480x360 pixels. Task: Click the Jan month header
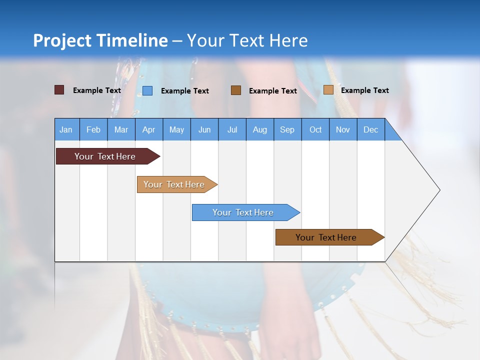coord(66,129)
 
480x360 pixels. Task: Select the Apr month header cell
coord(149,129)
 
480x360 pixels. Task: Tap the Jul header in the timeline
coord(232,129)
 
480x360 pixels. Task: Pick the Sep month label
coord(287,129)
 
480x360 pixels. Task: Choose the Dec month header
coord(370,129)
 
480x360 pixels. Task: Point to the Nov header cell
coord(343,129)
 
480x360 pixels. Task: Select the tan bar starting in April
coord(175,184)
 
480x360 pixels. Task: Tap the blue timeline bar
coord(244,212)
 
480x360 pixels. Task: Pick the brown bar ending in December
coord(327,237)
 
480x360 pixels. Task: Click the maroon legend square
coord(59,90)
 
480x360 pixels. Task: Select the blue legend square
coord(147,90)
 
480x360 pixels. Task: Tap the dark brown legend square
coord(236,90)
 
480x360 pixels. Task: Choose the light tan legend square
coord(328,90)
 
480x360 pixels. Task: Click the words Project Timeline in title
coord(100,40)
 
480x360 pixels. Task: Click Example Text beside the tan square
coord(364,90)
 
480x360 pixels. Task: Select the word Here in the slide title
coord(288,40)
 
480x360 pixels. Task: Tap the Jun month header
coord(204,129)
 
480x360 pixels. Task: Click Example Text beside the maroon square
coord(97,90)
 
